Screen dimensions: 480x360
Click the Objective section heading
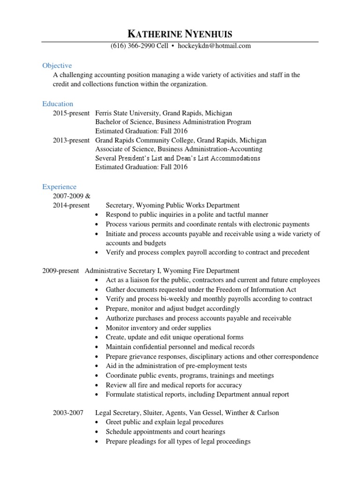[x=57, y=66]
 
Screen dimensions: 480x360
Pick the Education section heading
[x=58, y=104]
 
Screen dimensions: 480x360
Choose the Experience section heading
[x=59, y=187]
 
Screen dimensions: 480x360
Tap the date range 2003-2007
[x=68, y=412]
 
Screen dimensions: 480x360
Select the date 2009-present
[x=60, y=270]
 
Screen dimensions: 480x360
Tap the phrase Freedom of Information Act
[x=256, y=290]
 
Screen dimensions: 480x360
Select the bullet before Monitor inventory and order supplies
[x=97, y=328]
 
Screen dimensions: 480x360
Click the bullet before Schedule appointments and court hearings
[x=97, y=432]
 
